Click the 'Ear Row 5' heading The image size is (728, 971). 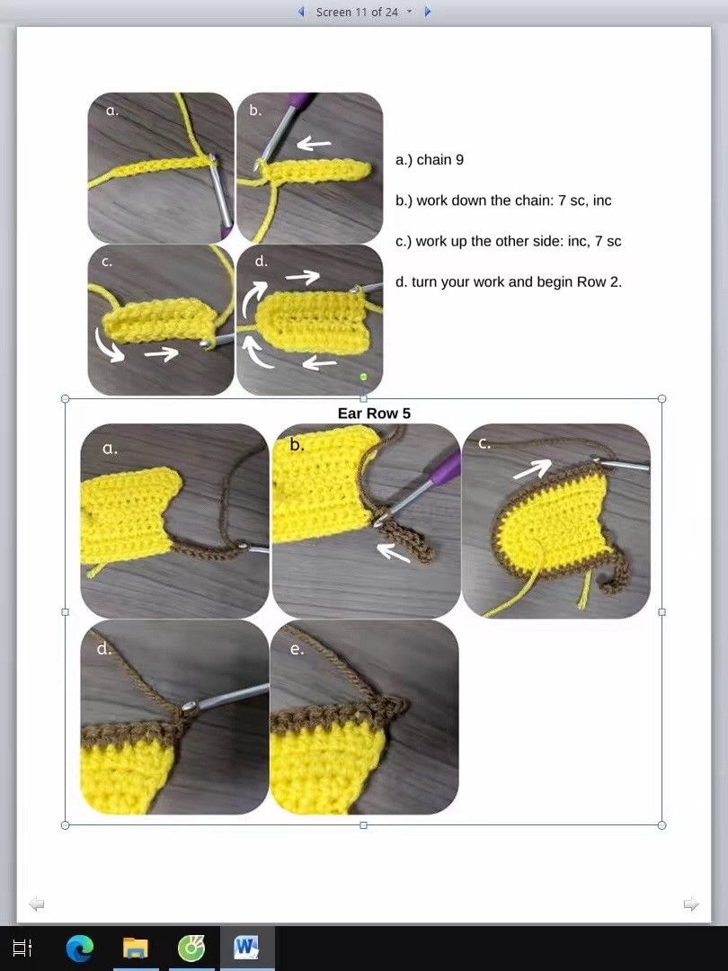(x=374, y=414)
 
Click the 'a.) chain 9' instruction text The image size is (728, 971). (x=430, y=160)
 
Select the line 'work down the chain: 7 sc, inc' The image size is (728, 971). (x=503, y=200)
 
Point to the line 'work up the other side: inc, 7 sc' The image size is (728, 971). (x=508, y=241)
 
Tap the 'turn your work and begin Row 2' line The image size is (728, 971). (x=509, y=281)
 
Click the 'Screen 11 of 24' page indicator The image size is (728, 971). (x=357, y=12)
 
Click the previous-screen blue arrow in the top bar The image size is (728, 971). (x=302, y=12)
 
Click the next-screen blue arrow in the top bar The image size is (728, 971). (x=428, y=12)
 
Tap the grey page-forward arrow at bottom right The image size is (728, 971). (x=691, y=904)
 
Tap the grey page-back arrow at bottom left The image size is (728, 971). (x=37, y=904)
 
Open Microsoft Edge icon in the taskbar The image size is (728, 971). (x=80, y=949)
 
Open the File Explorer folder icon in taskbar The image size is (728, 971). (x=136, y=949)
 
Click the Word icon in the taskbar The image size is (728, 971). (x=246, y=949)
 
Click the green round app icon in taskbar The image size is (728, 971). (x=191, y=949)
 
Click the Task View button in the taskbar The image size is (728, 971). (x=22, y=949)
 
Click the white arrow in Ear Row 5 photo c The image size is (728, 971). (x=533, y=468)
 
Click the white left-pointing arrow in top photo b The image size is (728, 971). (x=314, y=143)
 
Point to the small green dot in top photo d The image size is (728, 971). (x=363, y=377)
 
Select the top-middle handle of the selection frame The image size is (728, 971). (x=363, y=398)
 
